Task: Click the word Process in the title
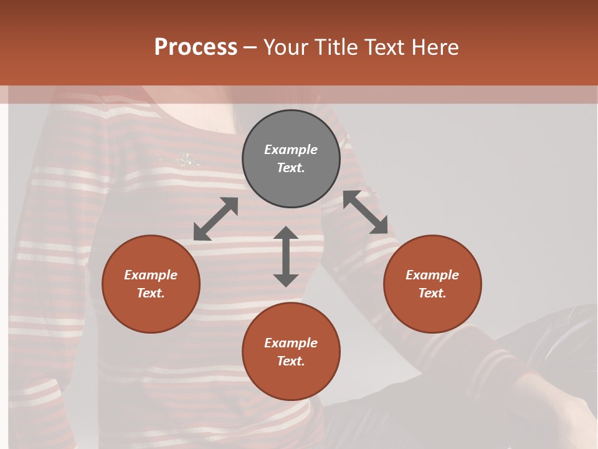(x=196, y=47)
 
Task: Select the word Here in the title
(x=434, y=47)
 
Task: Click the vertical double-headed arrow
(x=286, y=256)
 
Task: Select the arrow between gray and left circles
(x=216, y=219)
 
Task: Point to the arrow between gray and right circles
(x=365, y=212)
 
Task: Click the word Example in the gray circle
(x=291, y=150)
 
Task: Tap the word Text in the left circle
(x=151, y=293)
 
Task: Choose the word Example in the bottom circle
(x=291, y=343)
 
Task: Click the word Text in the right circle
(x=432, y=293)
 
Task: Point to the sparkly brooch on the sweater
(x=184, y=159)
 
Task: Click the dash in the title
(x=250, y=48)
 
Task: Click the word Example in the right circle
(x=432, y=275)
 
